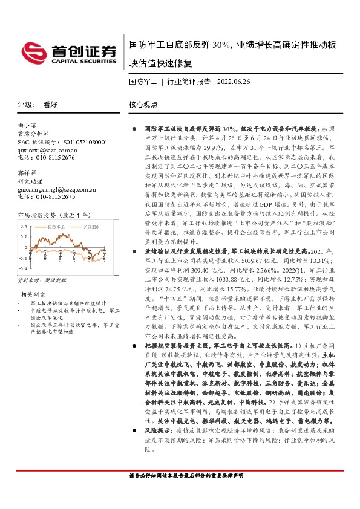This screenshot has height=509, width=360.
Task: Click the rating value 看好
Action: (x=50, y=104)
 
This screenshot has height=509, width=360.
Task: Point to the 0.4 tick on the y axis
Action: (x=24, y=226)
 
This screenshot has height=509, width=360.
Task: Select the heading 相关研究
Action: (x=31, y=294)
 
